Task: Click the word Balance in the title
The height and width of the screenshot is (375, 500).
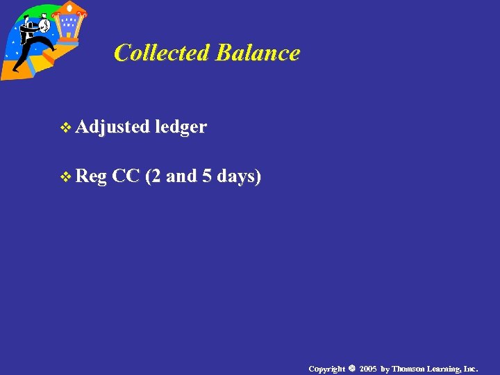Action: point(258,53)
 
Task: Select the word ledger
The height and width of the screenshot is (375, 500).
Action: point(181,127)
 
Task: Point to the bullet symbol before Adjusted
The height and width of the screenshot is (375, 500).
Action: point(67,128)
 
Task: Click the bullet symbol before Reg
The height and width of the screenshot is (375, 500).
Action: point(67,178)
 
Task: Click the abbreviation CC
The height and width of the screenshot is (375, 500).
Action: point(126,176)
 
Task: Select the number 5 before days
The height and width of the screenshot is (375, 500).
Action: point(206,176)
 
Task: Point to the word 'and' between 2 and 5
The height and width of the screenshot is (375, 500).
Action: point(181,176)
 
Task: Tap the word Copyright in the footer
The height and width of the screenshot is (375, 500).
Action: point(326,369)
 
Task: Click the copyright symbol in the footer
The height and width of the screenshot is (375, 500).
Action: point(351,368)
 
